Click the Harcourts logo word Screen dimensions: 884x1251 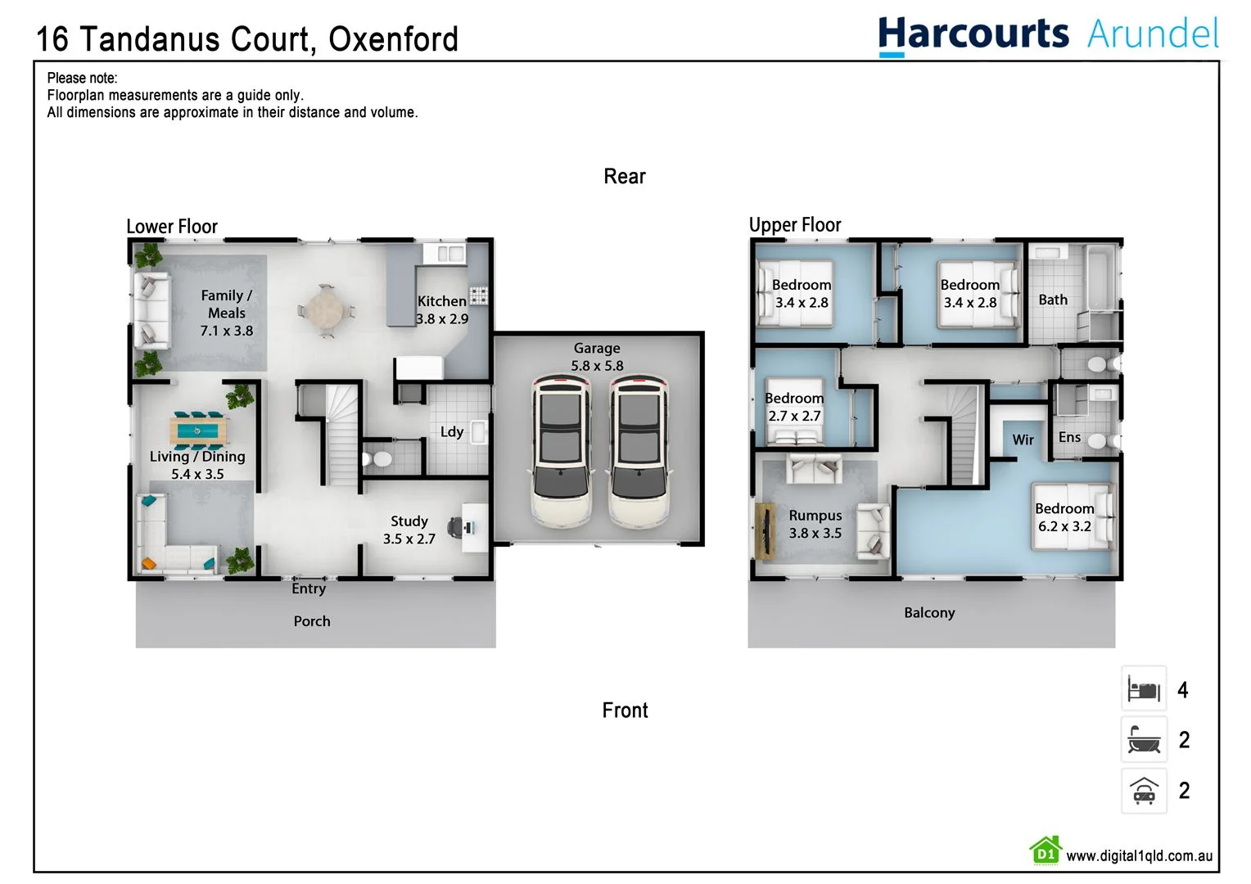point(973,34)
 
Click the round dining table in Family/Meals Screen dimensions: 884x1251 point(326,311)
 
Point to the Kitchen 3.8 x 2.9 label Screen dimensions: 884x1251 point(442,310)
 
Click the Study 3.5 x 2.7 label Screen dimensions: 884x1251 point(409,530)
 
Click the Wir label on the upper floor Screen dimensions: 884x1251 point(1023,440)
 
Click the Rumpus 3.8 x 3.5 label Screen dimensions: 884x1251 point(815,524)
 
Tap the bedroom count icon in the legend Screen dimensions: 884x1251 point(1144,689)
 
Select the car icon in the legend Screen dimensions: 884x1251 point(1144,791)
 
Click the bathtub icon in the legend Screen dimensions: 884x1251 point(1144,740)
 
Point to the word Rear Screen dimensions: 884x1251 point(625,177)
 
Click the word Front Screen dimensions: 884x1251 point(625,710)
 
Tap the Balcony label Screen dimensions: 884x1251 point(929,613)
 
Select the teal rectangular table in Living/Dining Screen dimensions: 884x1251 point(196,428)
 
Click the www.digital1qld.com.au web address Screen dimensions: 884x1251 point(1139,856)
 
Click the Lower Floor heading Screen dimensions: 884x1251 point(172,227)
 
